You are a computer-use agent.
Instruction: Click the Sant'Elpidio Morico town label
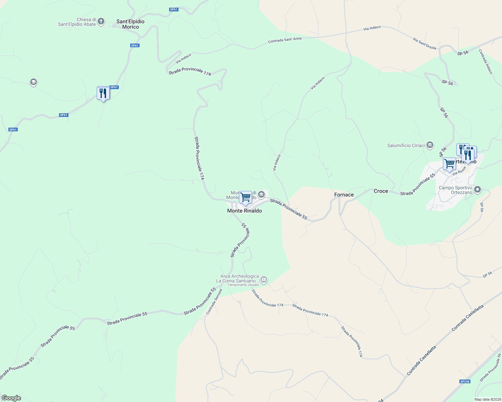click(131, 24)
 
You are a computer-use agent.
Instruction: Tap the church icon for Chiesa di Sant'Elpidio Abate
click(101, 22)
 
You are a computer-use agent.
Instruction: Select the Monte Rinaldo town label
click(244, 211)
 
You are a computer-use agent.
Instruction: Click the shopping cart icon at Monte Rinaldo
click(246, 197)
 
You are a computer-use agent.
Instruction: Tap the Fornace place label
click(344, 195)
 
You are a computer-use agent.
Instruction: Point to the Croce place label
click(381, 191)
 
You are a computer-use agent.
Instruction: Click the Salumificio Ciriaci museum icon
click(430, 145)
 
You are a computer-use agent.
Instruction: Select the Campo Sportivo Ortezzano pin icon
click(478, 190)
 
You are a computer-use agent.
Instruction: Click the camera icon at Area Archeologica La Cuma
click(264, 279)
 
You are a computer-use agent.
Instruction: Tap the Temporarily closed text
click(243, 285)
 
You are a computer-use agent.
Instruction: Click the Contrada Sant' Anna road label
click(285, 40)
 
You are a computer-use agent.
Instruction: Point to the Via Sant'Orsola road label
click(424, 44)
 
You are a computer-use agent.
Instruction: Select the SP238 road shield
click(465, 382)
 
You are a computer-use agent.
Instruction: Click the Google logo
click(11, 398)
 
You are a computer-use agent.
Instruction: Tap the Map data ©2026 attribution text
click(487, 399)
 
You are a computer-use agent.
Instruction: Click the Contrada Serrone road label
click(214, 301)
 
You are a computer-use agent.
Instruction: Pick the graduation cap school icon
click(33, 82)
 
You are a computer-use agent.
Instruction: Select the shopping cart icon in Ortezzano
click(449, 164)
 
